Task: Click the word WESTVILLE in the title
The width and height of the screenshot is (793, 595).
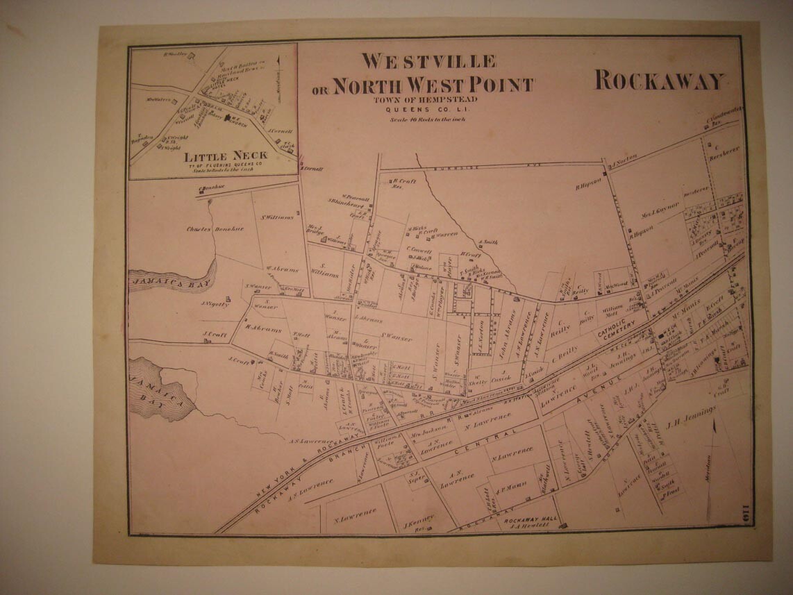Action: (428, 62)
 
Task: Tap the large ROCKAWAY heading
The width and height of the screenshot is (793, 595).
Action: (659, 81)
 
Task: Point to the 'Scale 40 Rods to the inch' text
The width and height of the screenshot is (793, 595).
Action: (427, 119)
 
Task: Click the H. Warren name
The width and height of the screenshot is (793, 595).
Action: (448, 234)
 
